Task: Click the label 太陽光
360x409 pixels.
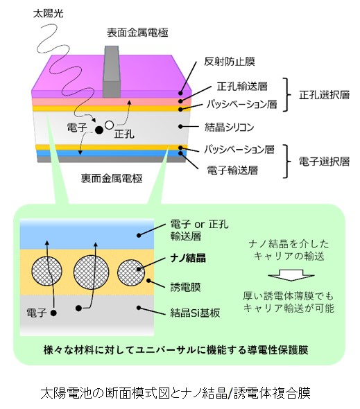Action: (49, 14)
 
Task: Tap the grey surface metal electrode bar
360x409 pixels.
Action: (112, 71)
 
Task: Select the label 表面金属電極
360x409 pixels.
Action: (137, 33)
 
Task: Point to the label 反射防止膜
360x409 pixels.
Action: (229, 62)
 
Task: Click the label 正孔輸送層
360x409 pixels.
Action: (242, 86)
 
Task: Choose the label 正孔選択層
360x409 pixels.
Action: (324, 95)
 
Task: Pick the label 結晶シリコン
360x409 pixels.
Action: (229, 127)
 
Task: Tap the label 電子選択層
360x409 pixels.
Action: (324, 162)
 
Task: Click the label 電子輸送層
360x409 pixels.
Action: (232, 170)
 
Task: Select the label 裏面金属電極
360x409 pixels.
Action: (112, 179)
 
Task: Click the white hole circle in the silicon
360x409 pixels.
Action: (109, 125)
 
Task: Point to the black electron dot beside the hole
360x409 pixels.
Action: (98, 130)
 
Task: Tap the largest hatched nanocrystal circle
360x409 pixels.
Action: (91, 272)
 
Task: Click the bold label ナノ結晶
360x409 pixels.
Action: (188, 258)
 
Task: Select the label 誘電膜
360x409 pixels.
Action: (185, 287)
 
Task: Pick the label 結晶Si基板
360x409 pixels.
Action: (195, 313)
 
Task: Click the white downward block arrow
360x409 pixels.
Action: (291, 275)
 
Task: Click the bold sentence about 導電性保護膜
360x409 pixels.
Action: (175, 350)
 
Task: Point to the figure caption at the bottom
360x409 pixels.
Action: (175, 393)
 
